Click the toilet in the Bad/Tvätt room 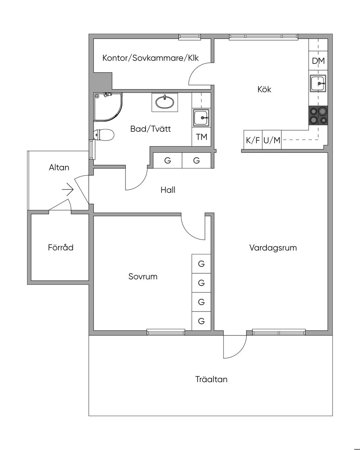[x=103, y=135]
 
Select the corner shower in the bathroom [x=108, y=107]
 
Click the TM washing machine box [x=201, y=137]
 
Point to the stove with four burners [x=318, y=116]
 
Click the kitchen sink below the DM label [x=318, y=83]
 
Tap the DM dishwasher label [x=319, y=61]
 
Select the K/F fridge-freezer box [x=253, y=140]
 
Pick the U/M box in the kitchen [x=272, y=140]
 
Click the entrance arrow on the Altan [x=67, y=190]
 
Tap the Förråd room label [x=61, y=248]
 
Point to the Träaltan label [x=211, y=379]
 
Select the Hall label [x=168, y=190]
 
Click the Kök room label [x=264, y=89]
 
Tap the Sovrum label [x=143, y=277]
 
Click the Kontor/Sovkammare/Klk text [x=150, y=58]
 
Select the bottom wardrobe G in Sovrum [x=201, y=321]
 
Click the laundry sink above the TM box [x=201, y=118]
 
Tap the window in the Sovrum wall [x=166, y=332]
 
